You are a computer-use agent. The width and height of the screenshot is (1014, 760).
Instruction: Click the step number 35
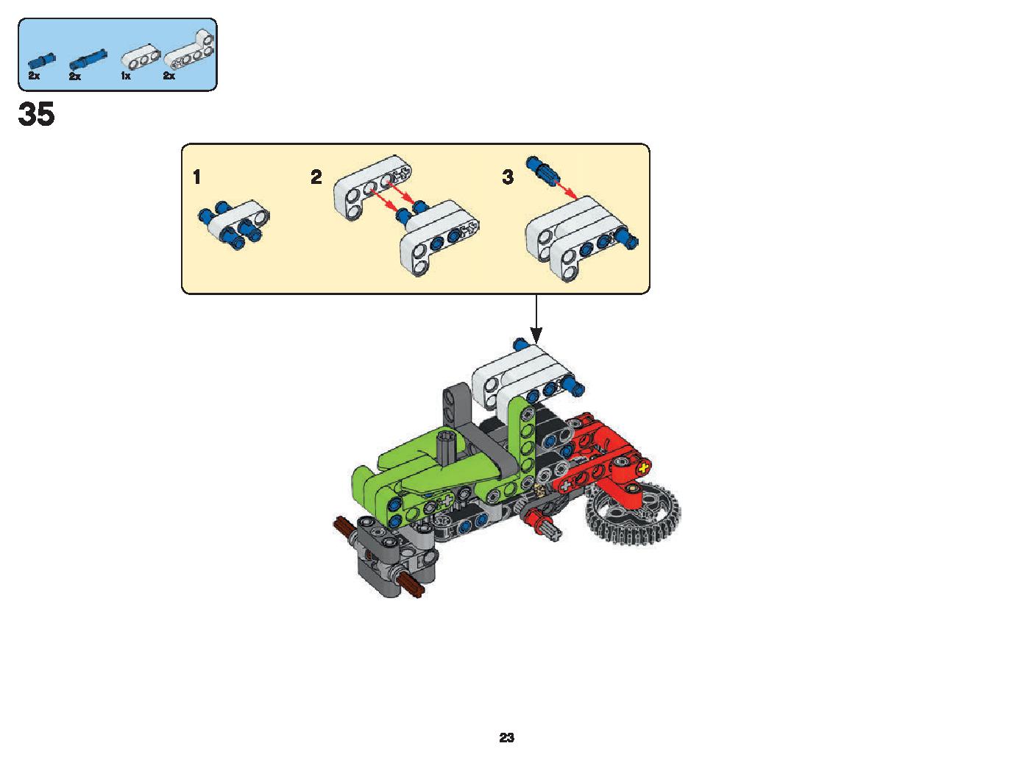(x=37, y=114)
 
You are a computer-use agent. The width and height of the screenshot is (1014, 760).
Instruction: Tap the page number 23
(x=506, y=737)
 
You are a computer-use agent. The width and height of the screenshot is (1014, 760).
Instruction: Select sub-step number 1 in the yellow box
(x=196, y=177)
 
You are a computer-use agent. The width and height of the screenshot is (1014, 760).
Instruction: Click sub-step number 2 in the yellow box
(x=316, y=177)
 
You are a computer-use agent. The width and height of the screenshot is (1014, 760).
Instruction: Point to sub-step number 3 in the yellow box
(x=508, y=177)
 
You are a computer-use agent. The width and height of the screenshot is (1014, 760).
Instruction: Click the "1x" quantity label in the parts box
(x=126, y=76)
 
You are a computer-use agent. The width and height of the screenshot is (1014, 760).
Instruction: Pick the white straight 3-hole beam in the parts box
(x=141, y=59)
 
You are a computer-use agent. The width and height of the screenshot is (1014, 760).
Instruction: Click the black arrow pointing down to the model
(x=536, y=319)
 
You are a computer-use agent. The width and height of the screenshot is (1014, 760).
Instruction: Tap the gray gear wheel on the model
(x=632, y=513)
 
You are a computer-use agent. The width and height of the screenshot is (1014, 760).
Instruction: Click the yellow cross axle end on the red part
(x=644, y=468)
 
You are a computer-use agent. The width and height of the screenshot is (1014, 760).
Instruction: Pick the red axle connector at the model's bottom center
(x=541, y=519)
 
